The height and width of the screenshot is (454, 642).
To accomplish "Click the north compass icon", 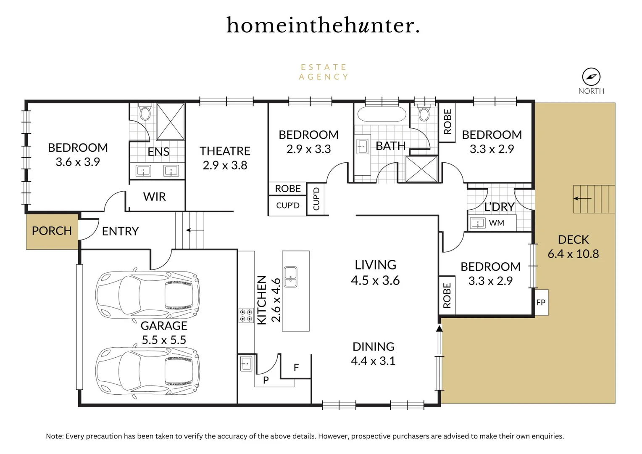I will [x=591, y=77].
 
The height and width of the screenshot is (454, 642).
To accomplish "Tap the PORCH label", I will [x=52, y=231].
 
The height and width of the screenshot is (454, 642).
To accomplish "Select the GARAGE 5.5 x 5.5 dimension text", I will [x=164, y=340].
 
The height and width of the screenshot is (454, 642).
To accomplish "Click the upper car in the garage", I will [x=147, y=293].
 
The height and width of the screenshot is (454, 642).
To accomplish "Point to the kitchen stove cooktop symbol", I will [x=246, y=315].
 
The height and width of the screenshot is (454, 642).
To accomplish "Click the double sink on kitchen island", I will [x=290, y=277].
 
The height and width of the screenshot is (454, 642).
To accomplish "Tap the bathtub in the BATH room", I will [x=382, y=114].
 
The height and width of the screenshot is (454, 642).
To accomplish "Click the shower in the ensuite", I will [x=171, y=121].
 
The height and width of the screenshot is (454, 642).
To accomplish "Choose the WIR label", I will [x=154, y=197].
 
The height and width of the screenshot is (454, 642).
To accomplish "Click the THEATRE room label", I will [x=225, y=151].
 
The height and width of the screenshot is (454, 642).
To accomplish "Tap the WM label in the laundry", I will [x=496, y=223].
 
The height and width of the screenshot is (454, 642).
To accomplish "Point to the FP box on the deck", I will [x=541, y=302].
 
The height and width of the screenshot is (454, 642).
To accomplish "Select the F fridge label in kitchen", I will [x=296, y=368].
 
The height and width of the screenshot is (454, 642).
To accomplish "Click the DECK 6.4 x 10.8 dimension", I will [x=573, y=254].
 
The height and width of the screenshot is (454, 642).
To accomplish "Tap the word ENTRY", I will [x=120, y=231].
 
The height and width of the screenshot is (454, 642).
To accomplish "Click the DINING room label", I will [x=373, y=347].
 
